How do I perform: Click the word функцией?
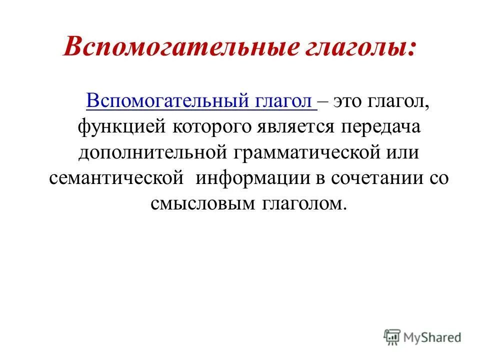point(122,126)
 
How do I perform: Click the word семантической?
point(118,178)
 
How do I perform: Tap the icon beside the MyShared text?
point(393,337)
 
